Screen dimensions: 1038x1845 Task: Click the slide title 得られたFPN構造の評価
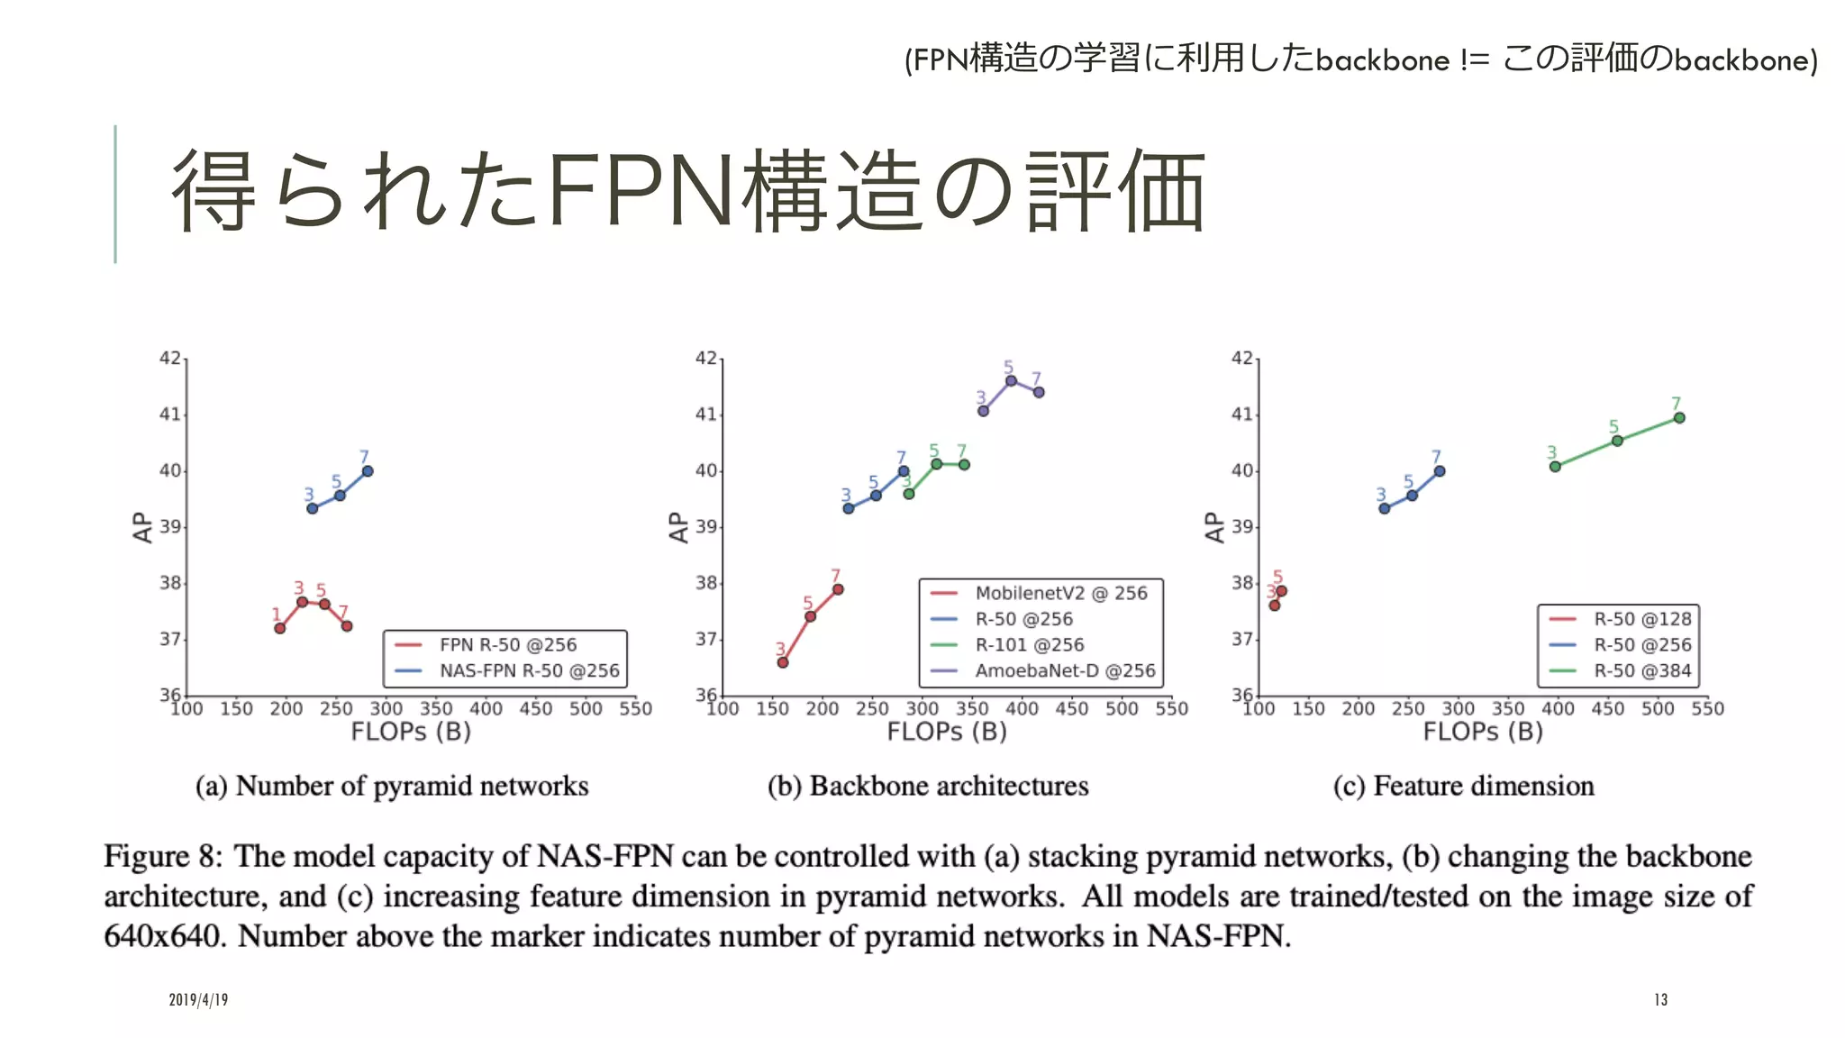(x=688, y=192)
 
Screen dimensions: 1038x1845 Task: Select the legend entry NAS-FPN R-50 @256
(x=529, y=671)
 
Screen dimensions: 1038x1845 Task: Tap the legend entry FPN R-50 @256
(x=507, y=645)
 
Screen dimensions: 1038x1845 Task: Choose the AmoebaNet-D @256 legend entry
(x=1064, y=671)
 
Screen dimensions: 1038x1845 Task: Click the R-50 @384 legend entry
(x=1641, y=671)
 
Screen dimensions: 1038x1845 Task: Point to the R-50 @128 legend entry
(x=1641, y=619)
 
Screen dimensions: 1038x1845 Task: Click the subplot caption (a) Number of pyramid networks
(x=392, y=786)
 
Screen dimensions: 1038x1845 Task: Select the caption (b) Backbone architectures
(x=928, y=786)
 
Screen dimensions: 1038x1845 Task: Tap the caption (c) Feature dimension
(x=1464, y=786)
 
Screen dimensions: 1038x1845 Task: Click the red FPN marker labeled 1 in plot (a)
(x=280, y=628)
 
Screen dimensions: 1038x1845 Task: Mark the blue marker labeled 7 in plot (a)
(x=368, y=471)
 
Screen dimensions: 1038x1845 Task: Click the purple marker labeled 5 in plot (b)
(x=1011, y=380)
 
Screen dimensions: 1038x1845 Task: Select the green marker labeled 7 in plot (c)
(x=1679, y=417)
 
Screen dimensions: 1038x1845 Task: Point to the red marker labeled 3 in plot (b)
(x=783, y=662)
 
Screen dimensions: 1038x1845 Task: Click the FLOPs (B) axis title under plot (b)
(x=947, y=732)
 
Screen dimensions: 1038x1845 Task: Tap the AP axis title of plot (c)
(x=1214, y=527)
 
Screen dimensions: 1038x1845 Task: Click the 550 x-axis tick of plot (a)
(x=635, y=709)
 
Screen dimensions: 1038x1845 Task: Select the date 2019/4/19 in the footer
(x=198, y=1000)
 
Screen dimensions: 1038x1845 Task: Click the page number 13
(x=1660, y=1000)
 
